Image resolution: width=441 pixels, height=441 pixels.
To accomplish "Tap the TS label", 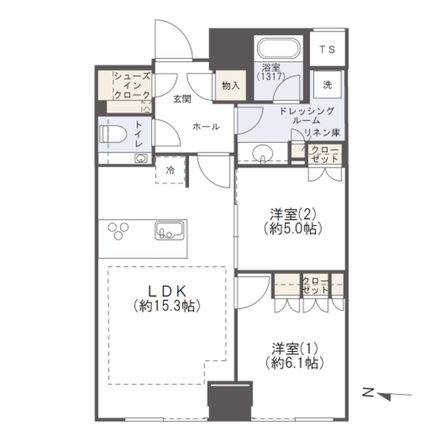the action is [327, 50].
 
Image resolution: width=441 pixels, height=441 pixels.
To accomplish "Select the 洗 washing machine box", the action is [327, 84].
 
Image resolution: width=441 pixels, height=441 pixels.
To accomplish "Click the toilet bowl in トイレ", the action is [113, 134].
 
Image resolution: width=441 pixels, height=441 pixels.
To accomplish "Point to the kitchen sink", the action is [170, 230].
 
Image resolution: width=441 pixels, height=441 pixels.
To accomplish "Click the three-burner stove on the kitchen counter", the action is [118, 231].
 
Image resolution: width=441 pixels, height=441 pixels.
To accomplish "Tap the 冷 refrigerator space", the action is [170, 170].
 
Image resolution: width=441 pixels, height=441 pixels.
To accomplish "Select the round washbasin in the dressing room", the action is [263, 154].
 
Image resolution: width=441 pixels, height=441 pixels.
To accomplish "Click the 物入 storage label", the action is [231, 85].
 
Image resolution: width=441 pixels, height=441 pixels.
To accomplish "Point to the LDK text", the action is [167, 291].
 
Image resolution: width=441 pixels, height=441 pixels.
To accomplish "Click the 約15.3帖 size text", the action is [167, 306].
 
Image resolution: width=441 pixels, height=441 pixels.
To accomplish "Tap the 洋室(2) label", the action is [293, 215].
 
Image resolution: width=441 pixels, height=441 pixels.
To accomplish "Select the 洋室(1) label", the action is [295, 349].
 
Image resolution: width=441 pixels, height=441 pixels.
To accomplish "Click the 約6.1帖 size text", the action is [295, 363].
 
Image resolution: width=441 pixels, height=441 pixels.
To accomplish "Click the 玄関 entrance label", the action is [182, 99].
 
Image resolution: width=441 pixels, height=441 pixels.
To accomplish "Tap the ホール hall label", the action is [206, 127].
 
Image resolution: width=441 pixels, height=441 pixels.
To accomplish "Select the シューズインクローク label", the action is [132, 85].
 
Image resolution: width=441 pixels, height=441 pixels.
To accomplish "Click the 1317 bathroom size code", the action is [271, 76].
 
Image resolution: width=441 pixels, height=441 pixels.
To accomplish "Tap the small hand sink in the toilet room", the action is [141, 158].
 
